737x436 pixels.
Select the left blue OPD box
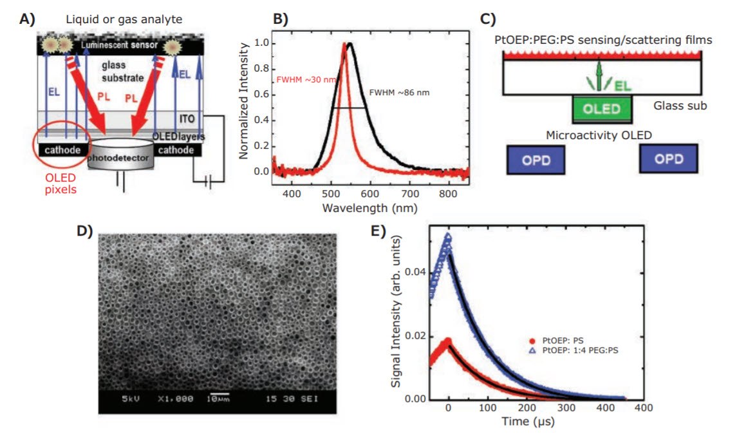pos(536,159)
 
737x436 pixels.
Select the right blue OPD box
pos(669,159)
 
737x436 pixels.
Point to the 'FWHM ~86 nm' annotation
pos(398,93)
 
